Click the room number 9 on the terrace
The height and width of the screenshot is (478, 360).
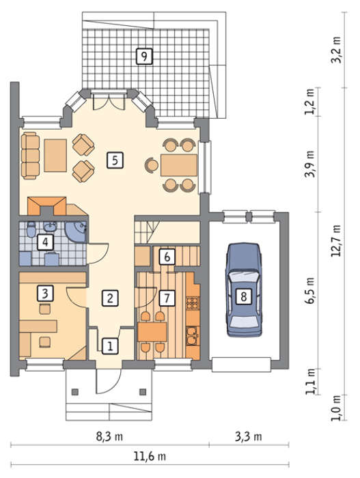tap(144, 56)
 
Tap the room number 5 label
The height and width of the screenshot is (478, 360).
tap(115, 160)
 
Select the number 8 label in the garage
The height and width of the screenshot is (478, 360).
tap(243, 296)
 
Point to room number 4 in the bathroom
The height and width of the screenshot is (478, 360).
tap(45, 242)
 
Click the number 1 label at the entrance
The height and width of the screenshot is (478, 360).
tap(110, 346)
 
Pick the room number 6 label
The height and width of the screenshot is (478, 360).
tap(167, 257)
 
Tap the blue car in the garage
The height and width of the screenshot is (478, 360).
tap(244, 290)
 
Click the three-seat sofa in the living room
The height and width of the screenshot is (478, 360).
tap(31, 156)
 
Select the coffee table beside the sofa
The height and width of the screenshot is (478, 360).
tap(55, 156)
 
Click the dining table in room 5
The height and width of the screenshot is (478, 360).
tap(179, 165)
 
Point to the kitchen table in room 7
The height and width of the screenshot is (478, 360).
tap(152, 332)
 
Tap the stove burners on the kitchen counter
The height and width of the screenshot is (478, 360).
tap(193, 303)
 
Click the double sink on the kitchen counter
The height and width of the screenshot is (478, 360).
tap(193, 336)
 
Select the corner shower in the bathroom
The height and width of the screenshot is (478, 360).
tap(77, 232)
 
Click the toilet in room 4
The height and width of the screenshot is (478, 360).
tap(31, 229)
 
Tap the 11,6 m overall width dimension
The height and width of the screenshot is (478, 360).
tap(150, 456)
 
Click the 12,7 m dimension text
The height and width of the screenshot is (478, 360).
tap(337, 240)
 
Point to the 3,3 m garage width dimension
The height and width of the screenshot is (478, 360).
tap(249, 436)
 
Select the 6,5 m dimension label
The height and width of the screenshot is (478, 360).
tap(310, 290)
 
